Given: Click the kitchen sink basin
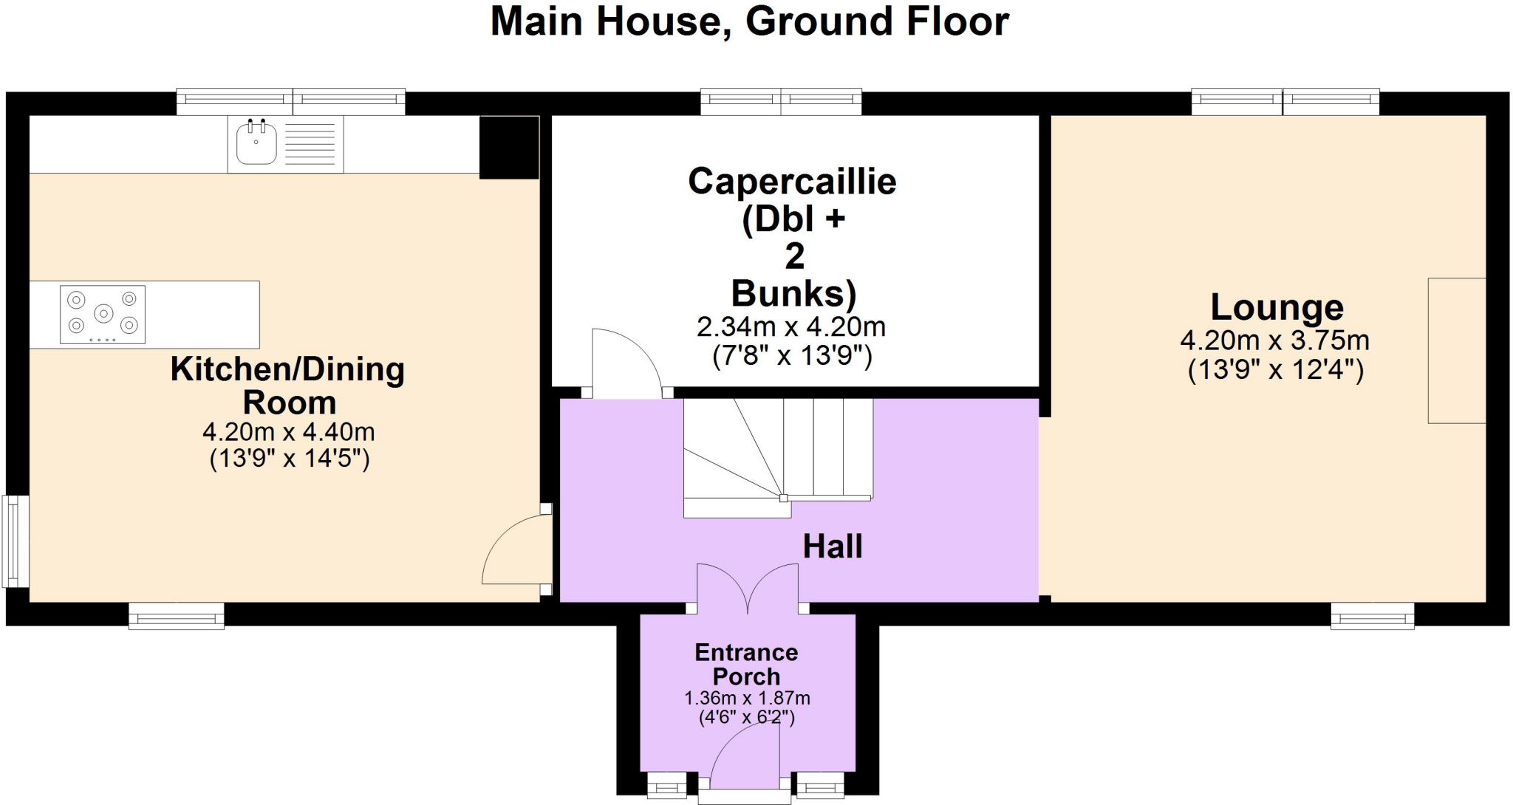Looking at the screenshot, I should pyautogui.click(x=256, y=143).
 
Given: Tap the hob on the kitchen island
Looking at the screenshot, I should pyautogui.click(x=103, y=315).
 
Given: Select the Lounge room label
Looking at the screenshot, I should pyautogui.click(x=1277, y=307).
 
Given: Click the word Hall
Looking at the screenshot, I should pyautogui.click(x=833, y=547).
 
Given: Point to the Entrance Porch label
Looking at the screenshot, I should pyautogui.click(x=746, y=664).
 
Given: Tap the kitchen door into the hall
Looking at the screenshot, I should pyautogui.click(x=515, y=550).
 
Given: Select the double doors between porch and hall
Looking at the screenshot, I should pyautogui.click(x=748, y=588).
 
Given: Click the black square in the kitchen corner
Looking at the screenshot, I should pyautogui.click(x=509, y=148).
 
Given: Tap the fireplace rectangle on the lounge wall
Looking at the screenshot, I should pyautogui.click(x=1456, y=351).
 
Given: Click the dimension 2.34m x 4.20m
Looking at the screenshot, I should pyautogui.click(x=790, y=327).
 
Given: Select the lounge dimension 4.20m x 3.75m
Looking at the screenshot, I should pyautogui.click(x=1274, y=340).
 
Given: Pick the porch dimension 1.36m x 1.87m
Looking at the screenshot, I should pyautogui.click(x=747, y=698).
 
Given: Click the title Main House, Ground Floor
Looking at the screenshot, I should pyautogui.click(x=749, y=22).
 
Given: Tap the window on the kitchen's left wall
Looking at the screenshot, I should pyautogui.click(x=16, y=541).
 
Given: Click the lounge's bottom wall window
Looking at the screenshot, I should pyautogui.click(x=1372, y=616).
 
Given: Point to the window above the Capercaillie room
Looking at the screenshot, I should pyautogui.click(x=781, y=102).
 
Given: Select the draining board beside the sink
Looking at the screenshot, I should pyautogui.click(x=310, y=144).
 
